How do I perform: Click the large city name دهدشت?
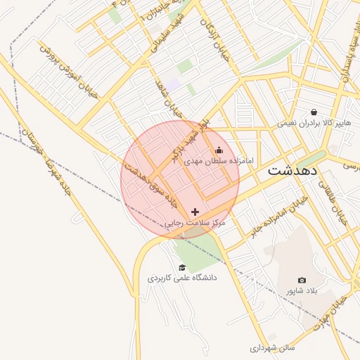(292, 171)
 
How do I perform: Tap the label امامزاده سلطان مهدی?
(212, 161)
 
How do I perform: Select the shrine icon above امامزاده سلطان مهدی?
(219, 150)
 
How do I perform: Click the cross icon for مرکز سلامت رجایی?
(195, 212)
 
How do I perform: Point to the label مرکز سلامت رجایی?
(195, 223)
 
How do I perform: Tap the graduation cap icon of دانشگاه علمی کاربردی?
(183, 267)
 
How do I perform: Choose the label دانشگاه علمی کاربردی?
(182, 278)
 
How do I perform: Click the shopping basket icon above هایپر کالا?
(314, 112)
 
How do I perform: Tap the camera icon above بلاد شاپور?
(302, 280)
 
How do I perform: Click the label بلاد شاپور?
(302, 290)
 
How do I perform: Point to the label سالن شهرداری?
(276, 347)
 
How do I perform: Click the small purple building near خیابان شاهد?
(173, 88)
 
